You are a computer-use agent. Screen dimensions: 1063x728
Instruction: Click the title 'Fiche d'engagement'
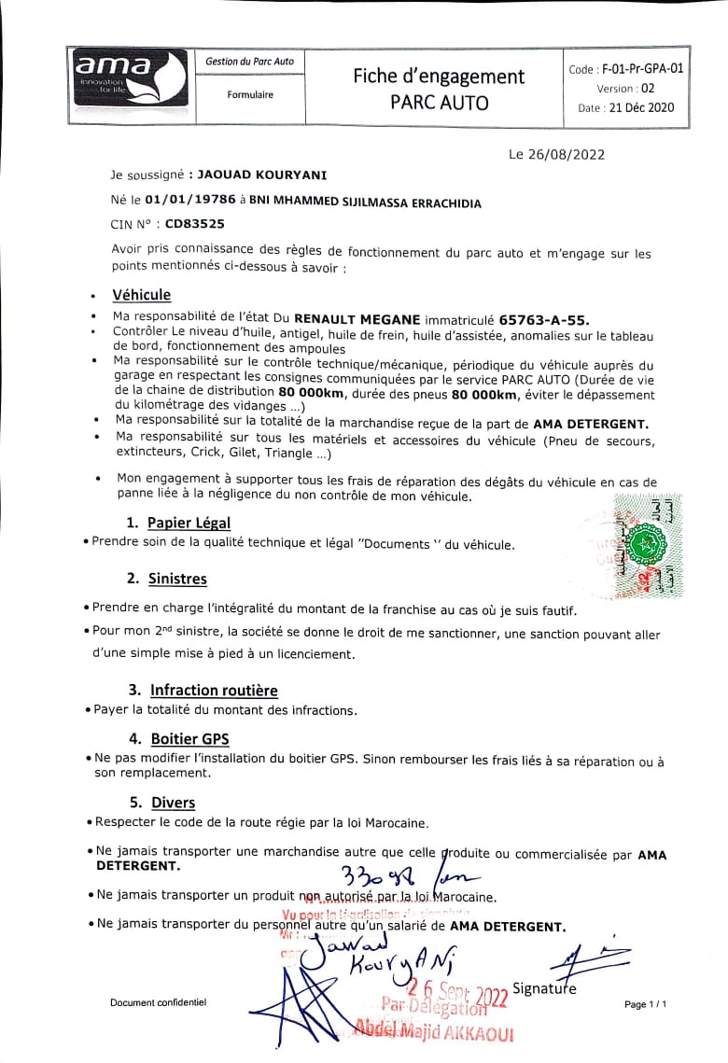tap(439, 77)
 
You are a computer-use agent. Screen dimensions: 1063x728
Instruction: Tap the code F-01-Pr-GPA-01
tap(643, 68)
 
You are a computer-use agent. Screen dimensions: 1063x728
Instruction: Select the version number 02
tap(648, 88)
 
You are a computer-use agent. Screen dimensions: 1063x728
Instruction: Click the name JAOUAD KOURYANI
tap(262, 175)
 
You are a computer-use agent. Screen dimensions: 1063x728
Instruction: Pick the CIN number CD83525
tap(194, 224)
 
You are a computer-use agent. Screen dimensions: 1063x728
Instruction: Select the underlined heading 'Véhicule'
tap(142, 294)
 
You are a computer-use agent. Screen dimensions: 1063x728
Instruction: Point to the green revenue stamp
tap(644, 545)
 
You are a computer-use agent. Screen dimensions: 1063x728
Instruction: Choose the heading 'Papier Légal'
tap(189, 523)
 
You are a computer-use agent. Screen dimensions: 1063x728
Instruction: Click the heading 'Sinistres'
tap(177, 579)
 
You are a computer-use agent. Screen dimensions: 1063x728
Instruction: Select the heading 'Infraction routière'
tap(214, 691)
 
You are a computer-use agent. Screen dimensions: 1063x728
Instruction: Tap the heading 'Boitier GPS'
tap(189, 739)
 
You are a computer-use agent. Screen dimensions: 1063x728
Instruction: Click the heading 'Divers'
tap(173, 803)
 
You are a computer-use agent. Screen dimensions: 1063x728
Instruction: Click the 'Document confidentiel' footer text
tap(158, 1002)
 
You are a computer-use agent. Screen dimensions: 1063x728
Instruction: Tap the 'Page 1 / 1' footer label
tap(647, 1003)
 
